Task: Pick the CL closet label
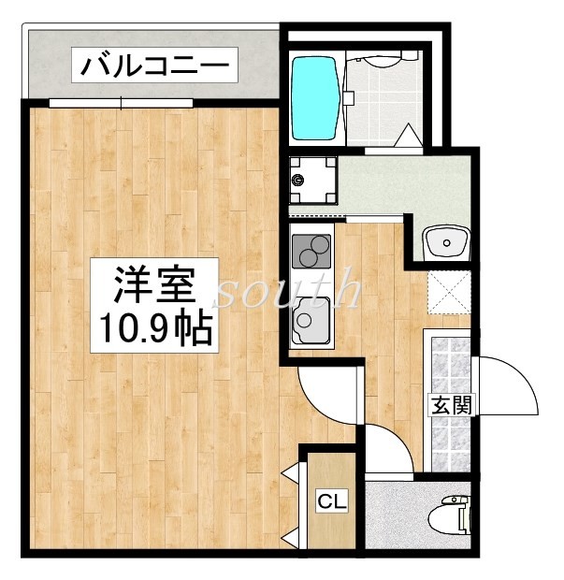point(331,502)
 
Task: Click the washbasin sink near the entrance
point(445,244)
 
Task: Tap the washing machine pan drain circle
point(298,179)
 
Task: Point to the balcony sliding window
point(122,102)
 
